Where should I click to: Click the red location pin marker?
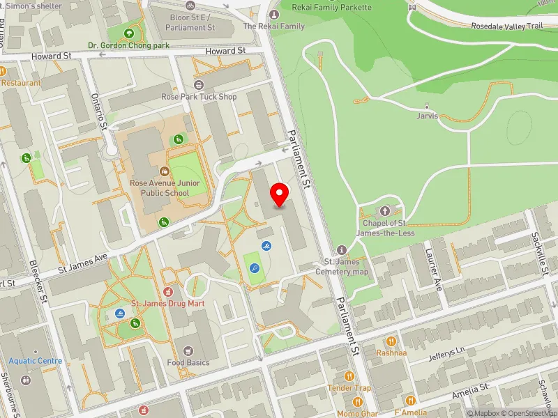click(x=280, y=194)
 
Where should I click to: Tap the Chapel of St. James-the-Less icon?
click(x=384, y=211)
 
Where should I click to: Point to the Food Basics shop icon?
click(x=188, y=350)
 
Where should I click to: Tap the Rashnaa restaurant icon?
click(x=391, y=341)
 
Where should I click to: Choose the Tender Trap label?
click(x=349, y=387)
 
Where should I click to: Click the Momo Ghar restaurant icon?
click(x=358, y=402)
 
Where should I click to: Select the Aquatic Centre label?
click(x=35, y=361)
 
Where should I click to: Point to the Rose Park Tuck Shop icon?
click(x=199, y=85)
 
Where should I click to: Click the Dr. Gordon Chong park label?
click(x=128, y=46)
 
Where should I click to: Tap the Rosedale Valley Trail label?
click(x=506, y=26)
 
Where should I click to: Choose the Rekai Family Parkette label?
click(x=332, y=7)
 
